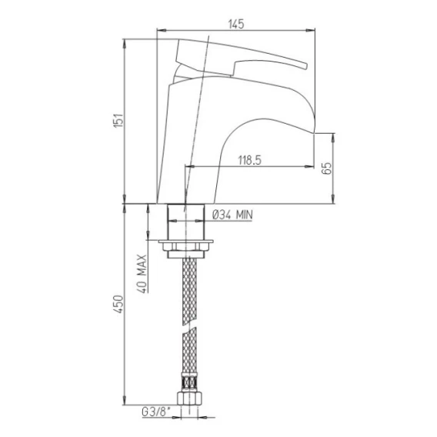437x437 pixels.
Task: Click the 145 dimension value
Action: point(236,24)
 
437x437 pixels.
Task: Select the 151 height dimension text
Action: point(118,120)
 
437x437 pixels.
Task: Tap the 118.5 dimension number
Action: point(250,161)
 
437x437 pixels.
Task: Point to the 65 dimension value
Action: point(327,168)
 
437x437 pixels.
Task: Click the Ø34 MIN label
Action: point(232,215)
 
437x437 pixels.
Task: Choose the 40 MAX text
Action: point(142,274)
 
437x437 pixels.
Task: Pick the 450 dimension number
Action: point(118,304)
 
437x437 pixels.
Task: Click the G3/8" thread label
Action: point(156,412)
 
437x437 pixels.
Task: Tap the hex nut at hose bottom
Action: point(189,399)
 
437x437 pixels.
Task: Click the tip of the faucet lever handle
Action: point(305,65)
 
